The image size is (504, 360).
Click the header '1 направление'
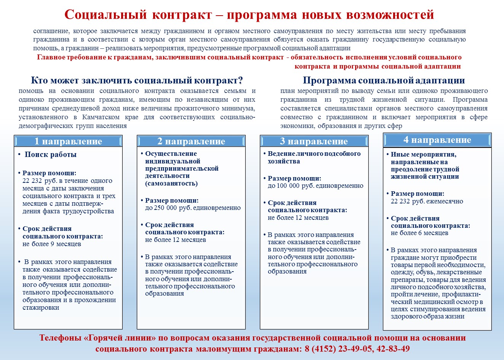tap(68, 141)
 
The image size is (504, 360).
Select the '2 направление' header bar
tap(191, 141)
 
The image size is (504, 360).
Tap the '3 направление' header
tap(314, 141)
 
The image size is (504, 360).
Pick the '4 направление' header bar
tap(437, 140)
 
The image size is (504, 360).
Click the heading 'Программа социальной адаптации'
tap(384, 80)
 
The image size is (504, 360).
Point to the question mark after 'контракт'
tap(240, 80)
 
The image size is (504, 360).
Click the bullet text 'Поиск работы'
tap(51, 154)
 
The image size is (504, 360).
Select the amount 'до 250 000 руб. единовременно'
tap(193, 208)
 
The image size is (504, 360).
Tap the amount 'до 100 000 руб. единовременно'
tap(315, 186)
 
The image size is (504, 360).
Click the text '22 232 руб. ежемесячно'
tap(427, 201)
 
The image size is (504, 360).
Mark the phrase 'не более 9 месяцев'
tap(52, 244)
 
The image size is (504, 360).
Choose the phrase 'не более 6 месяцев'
tap(419, 233)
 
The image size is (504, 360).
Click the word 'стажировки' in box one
tap(41, 307)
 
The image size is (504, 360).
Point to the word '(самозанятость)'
tap(171, 183)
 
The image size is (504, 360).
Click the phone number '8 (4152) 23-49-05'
tap(338, 349)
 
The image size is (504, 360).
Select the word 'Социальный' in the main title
tap(106, 14)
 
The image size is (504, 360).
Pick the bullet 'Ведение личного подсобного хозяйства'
tap(314, 157)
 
